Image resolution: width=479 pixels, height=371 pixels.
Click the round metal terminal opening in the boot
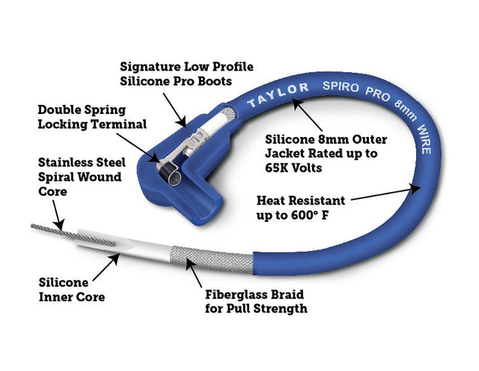(x=172, y=177)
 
